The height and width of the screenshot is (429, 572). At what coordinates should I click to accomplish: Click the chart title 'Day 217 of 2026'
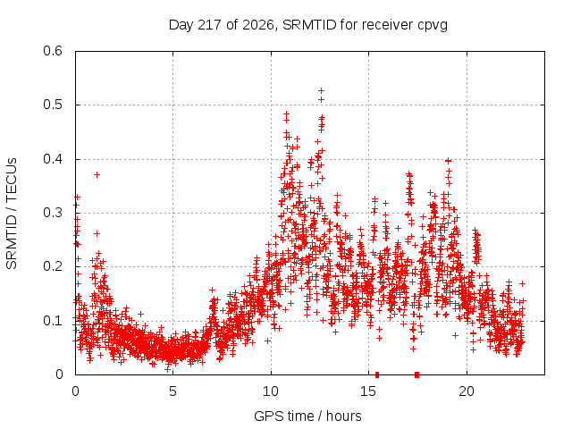[x=221, y=25]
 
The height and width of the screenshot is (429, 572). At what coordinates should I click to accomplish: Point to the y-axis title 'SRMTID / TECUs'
[x=12, y=214]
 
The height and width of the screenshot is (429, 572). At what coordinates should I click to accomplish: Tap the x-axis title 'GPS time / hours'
[x=307, y=416]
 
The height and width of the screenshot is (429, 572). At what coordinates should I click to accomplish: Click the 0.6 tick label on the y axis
[x=53, y=51]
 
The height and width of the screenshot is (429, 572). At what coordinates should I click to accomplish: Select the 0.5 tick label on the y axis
[x=53, y=105]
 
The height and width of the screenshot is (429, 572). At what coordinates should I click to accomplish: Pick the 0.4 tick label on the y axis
[x=53, y=159]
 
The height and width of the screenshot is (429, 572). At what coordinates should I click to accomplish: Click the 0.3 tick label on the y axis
[x=53, y=213]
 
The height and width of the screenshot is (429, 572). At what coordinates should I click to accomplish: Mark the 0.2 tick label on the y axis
[x=53, y=266]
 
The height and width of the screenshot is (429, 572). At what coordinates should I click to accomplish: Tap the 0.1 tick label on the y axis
[x=53, y=321]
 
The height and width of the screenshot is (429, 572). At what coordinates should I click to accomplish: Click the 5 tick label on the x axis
[x=172, y=391]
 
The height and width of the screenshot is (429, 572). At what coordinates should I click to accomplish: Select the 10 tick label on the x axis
[x=271, y=391]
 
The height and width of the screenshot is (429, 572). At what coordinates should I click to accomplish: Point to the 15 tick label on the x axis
[x=368, y=391]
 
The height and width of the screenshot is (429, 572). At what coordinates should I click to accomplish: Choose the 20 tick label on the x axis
[x=467, y=391]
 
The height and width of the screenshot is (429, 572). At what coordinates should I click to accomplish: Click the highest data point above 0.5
[x=321, y=90]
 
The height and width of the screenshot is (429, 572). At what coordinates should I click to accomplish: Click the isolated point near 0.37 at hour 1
[x=97, y=175]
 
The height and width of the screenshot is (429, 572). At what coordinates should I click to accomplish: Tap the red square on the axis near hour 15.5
[x=377, y=374]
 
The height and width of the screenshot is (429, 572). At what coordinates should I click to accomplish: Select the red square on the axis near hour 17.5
[x=417, y=374]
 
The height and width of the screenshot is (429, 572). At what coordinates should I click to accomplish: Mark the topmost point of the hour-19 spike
[x=449, y=161]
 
